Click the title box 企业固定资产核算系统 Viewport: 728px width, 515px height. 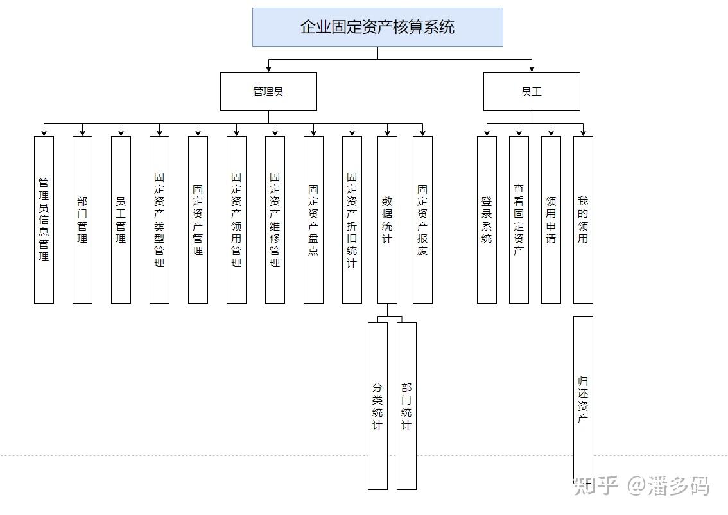377,27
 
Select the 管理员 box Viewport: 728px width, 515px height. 268,91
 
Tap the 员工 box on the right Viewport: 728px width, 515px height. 532,91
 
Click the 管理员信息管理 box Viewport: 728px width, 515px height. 44,220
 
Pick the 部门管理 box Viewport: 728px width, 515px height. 82,220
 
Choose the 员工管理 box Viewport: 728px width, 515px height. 121,220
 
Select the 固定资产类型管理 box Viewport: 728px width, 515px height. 159,220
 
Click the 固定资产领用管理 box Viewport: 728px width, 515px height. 236,220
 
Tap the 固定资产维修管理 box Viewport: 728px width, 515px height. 275,220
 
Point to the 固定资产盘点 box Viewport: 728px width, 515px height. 313,220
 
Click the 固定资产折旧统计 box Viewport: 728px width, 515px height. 352,220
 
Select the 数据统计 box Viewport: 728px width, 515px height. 387,220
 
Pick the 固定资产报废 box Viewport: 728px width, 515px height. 422,220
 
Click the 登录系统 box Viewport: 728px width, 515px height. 487,220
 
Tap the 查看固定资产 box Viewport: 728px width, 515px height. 519,220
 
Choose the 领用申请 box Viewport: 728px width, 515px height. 551,220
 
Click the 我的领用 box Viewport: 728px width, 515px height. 583,220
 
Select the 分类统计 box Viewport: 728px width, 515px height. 377,406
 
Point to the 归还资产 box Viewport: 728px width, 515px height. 583,398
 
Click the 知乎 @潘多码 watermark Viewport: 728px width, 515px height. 642,486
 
